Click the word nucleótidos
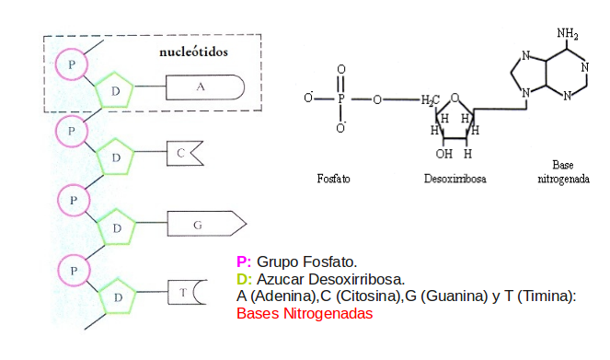tap(193, 52)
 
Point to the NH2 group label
tap(567, 33)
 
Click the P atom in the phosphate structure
tap(341, 99)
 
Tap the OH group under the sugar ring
tap(443, 154)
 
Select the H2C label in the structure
tap(430, 100)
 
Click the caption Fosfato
tap(333, 179)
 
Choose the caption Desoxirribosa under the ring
tap(455, 179)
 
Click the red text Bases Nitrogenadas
tap(305, 313)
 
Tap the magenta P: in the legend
tap(244, 261)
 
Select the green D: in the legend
tap(245, 279)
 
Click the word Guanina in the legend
tap(454, 296)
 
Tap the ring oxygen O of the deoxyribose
tap(455, 99)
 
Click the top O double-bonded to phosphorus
tap(341, 70)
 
